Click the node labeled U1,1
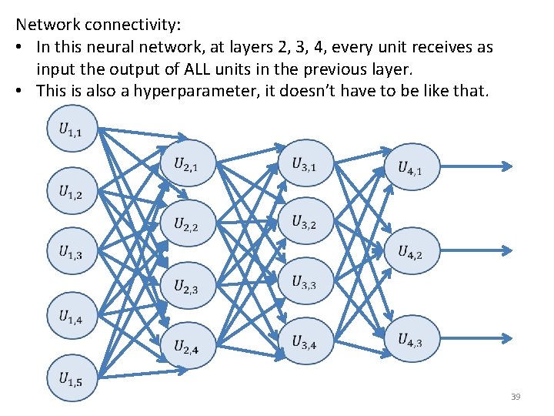click(x=72, y=130)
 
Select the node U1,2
click(x=72, y=192)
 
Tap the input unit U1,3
click(x=72, y=253)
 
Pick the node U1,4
click(x=72, y=315)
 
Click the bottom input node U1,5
click(x=72, y=377)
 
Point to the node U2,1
click(x=187, y=163)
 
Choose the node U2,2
click(x=187, y=224)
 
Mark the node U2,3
click(x=187, y=286)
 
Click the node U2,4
click(x=187, y=347)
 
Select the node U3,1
click(x=305, y=163)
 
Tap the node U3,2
click(x=305, y=223)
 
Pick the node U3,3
click(x=305, y=282)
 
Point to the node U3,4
click(x=305, y=342)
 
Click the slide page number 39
click(x=516, y=397)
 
